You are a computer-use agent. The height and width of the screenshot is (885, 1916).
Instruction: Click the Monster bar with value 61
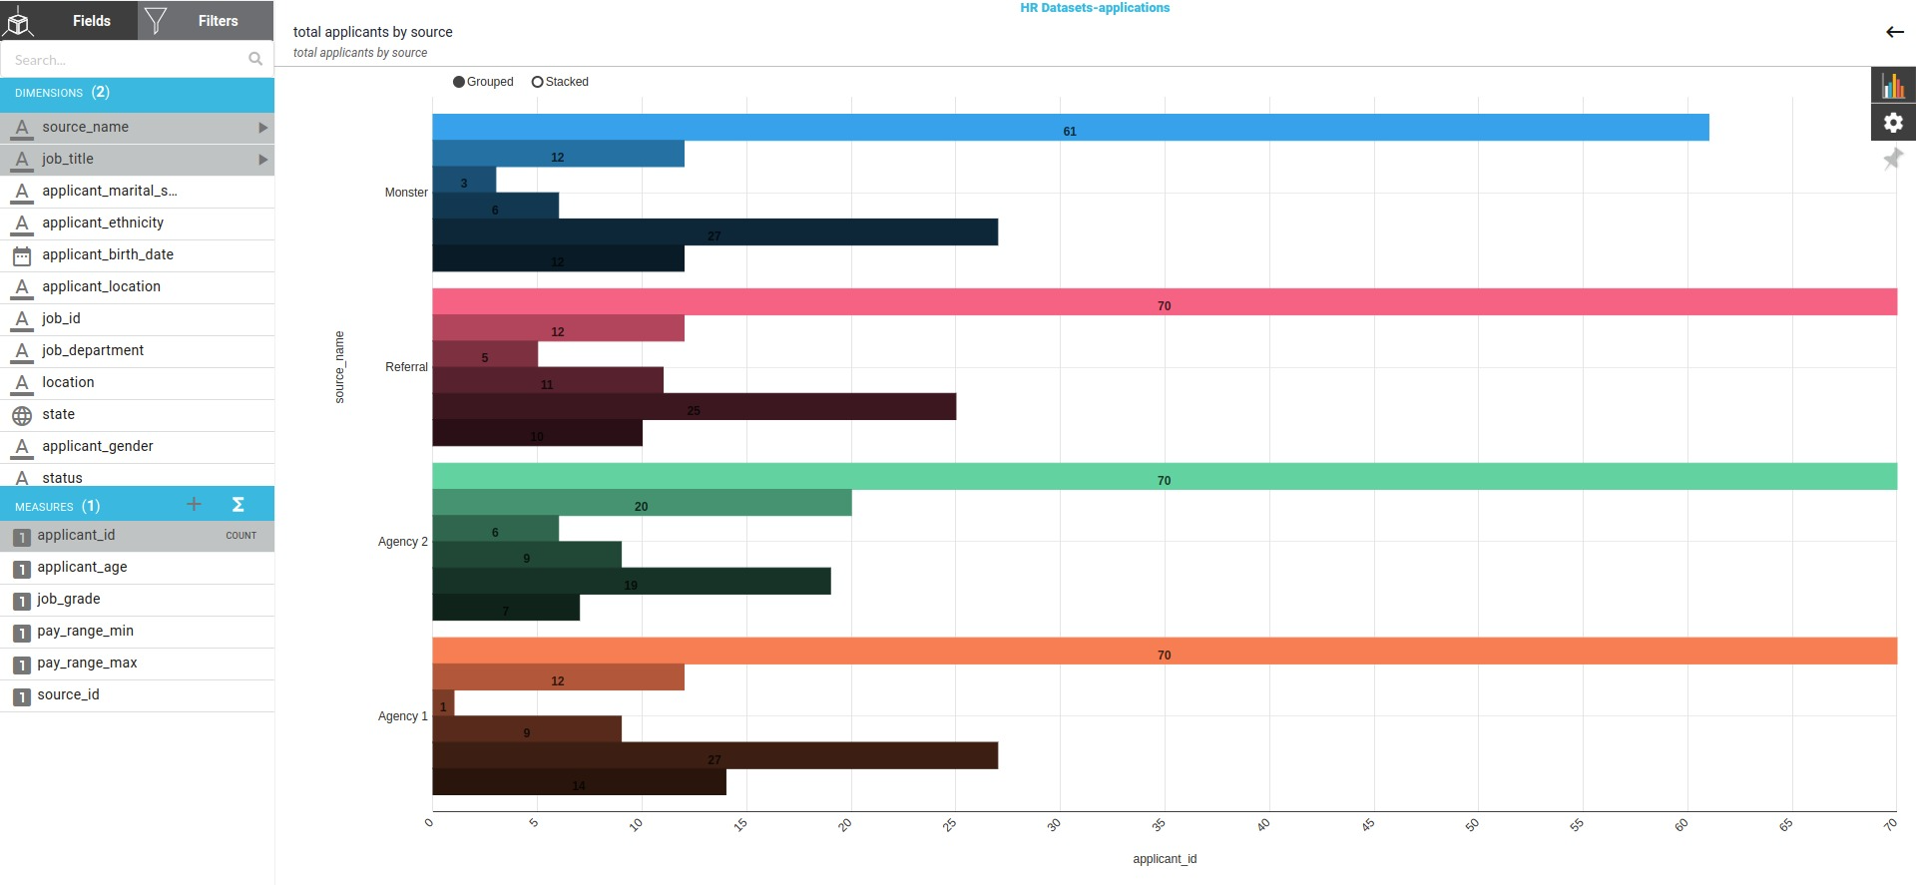(x=1070, y=127)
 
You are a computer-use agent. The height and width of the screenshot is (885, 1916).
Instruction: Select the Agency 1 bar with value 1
(x=443, y=703)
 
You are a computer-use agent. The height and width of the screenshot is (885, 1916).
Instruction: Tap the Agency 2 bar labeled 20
(x=641, y=503)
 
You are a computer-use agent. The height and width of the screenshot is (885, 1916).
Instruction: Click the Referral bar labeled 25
(x=694, y=406)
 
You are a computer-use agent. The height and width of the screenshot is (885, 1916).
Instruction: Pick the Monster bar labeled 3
(x=464, y=180)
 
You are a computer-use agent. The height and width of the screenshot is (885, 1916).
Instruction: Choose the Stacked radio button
(x=538, y=82)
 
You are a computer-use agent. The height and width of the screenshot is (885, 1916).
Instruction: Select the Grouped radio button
(x=459, y=82)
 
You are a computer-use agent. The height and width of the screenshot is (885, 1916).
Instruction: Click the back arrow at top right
(x=1894, y=32)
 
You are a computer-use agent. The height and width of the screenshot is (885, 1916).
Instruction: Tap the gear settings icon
(x=1893, y=123)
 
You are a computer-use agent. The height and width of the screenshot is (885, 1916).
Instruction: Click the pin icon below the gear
(x=1892, y=159)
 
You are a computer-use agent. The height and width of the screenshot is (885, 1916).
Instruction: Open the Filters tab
(x=206, y=20)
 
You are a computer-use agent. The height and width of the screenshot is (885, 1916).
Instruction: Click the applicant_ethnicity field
(x=102, y=222)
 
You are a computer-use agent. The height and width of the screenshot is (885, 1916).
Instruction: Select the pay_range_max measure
(x=87, y=663)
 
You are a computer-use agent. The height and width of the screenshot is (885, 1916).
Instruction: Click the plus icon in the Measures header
(x=195, y=505)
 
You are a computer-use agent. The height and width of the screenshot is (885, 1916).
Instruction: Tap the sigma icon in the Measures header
(x=238, y=505)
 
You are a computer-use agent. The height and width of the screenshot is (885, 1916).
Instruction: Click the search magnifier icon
(x=255, y=60)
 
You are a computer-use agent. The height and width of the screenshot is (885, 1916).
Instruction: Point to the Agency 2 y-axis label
(x=402, y=542)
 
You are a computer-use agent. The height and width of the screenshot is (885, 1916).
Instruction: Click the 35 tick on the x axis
(x=1159, y=824)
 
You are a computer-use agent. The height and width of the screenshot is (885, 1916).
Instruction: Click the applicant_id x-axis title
(x=1164, y=859)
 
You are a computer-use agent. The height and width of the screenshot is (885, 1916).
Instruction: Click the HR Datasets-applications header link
(x=1094, y=8)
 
